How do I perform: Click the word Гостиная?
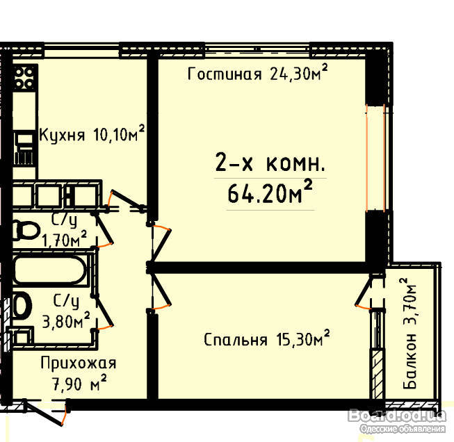(225, 74)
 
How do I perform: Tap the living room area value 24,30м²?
(299, 72)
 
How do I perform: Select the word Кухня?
(62, 135)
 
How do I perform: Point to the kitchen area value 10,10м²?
(119, 133)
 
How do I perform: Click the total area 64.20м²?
(270, 192)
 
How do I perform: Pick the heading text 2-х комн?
(270, 163)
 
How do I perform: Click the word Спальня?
(236, 340)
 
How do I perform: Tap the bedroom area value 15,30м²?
(303, 338)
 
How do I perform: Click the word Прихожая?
(78, 363)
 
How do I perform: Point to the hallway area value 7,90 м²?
(79, 384)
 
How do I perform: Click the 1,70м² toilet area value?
(64, 239)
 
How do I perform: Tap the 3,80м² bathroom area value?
(66, 320)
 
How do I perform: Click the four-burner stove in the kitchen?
(26, 78)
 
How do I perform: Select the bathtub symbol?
(50, 270)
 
